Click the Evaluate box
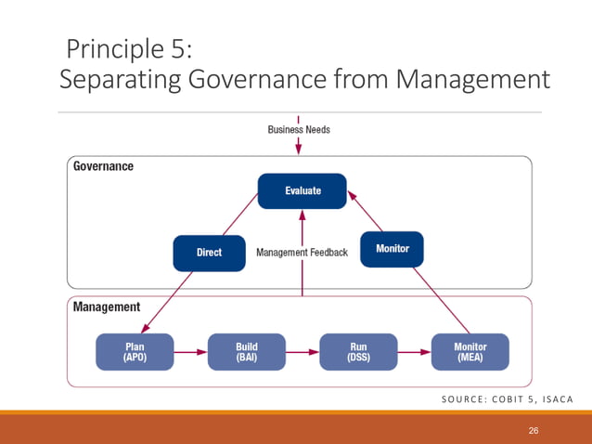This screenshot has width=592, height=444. coord(302,190)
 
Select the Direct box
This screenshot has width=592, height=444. coord(209,252)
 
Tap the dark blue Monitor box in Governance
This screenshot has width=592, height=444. coord(392,249)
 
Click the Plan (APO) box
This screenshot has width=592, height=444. coord(135,352)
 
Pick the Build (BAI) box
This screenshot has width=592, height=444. coord(246,352)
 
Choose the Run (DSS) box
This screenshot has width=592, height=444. coord(358,352)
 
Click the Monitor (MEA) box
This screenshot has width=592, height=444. coord(470,352)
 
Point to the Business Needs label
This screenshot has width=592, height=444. coord(299,130)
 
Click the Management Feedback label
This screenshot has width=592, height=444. coord(302,252)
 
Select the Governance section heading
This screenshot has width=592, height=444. coord(103,167)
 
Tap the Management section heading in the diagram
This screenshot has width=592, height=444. coord(107,307)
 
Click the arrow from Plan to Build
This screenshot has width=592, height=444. coord(190,352)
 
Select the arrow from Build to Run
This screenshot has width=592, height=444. coord(302,352)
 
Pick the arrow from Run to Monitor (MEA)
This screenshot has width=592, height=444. coord(413,352)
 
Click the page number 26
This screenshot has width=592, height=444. coord(534,430)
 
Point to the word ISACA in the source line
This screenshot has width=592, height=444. coord(552,400)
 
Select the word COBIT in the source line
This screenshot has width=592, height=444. coord(499,400)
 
